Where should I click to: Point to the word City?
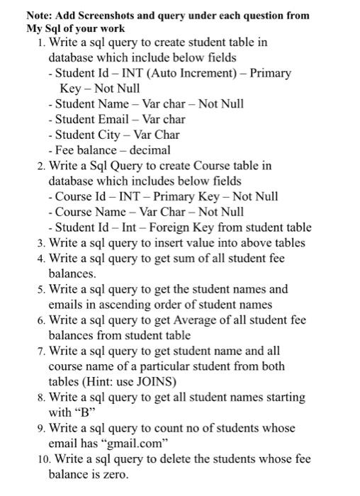(x=116, y=135)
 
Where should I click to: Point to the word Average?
(x=195, y=320)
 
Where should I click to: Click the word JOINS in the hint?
(x=155, y=382)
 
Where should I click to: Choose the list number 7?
(x=41, y=351)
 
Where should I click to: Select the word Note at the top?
(x=39, y=15)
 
